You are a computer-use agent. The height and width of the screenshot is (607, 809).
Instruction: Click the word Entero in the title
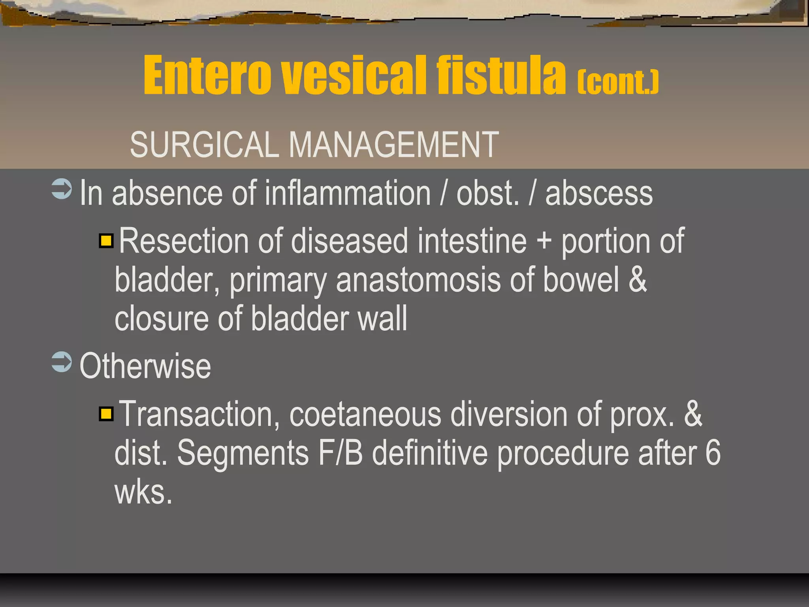click(207, 76)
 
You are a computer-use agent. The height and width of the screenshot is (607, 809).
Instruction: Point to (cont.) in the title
click(618, 83)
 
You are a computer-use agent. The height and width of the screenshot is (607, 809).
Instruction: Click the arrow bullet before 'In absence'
click(62, 189)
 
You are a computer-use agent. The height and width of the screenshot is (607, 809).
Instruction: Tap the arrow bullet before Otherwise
click(62, 362)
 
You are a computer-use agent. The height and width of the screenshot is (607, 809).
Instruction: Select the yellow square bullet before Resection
click(106, 241)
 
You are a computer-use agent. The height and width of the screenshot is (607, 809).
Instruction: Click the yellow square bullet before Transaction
click(106, 414)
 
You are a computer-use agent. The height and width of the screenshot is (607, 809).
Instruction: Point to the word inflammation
click(348, 193)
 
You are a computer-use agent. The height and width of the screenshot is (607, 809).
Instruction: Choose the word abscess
click(599, 193)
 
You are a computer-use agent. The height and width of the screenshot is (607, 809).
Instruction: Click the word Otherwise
click(145, 366)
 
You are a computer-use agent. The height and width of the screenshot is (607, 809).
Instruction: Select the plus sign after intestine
click(544, 241)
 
